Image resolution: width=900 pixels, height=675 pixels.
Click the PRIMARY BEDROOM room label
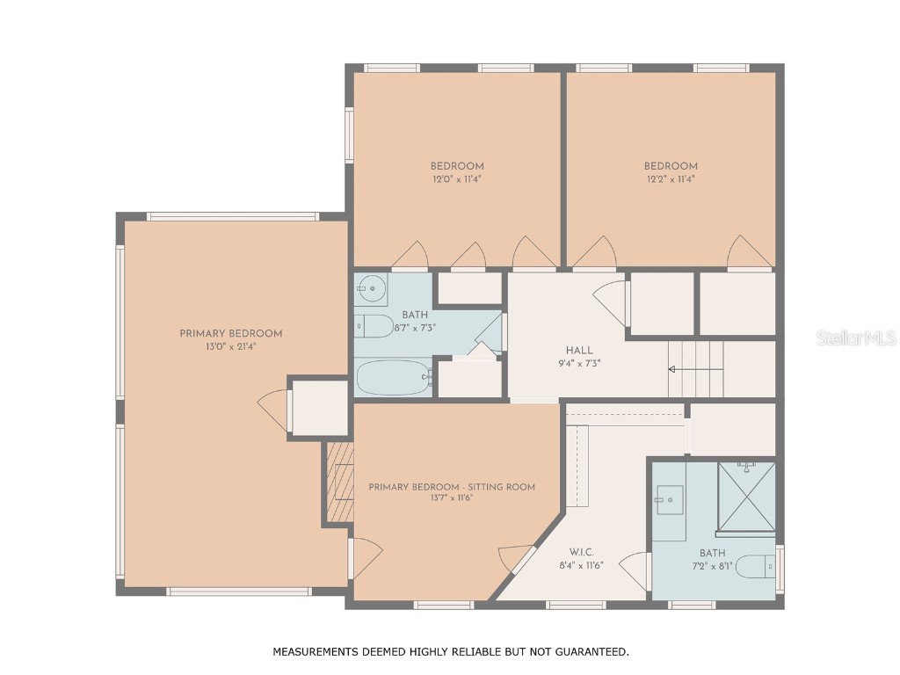coord(230,334)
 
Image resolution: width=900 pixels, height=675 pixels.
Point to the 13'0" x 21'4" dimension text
coord(230,346)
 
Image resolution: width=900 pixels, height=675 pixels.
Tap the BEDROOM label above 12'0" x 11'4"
coord(456,166)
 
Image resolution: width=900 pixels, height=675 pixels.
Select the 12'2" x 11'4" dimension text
coord(671,179)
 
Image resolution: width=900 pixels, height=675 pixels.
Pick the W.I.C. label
coord(582,552)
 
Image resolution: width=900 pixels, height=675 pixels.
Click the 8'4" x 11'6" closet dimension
coord(582,565)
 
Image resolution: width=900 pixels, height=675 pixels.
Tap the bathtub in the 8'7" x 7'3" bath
coord(393,378)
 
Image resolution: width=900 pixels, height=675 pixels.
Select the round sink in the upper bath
coord(373,287)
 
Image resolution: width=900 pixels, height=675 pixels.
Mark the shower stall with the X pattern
coord(746,497)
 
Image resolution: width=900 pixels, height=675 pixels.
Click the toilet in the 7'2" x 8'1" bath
coord(754,567)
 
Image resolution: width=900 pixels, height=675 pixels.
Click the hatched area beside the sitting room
coord(339,482)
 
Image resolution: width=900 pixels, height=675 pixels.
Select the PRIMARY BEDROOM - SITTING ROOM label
coord(451,487)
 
